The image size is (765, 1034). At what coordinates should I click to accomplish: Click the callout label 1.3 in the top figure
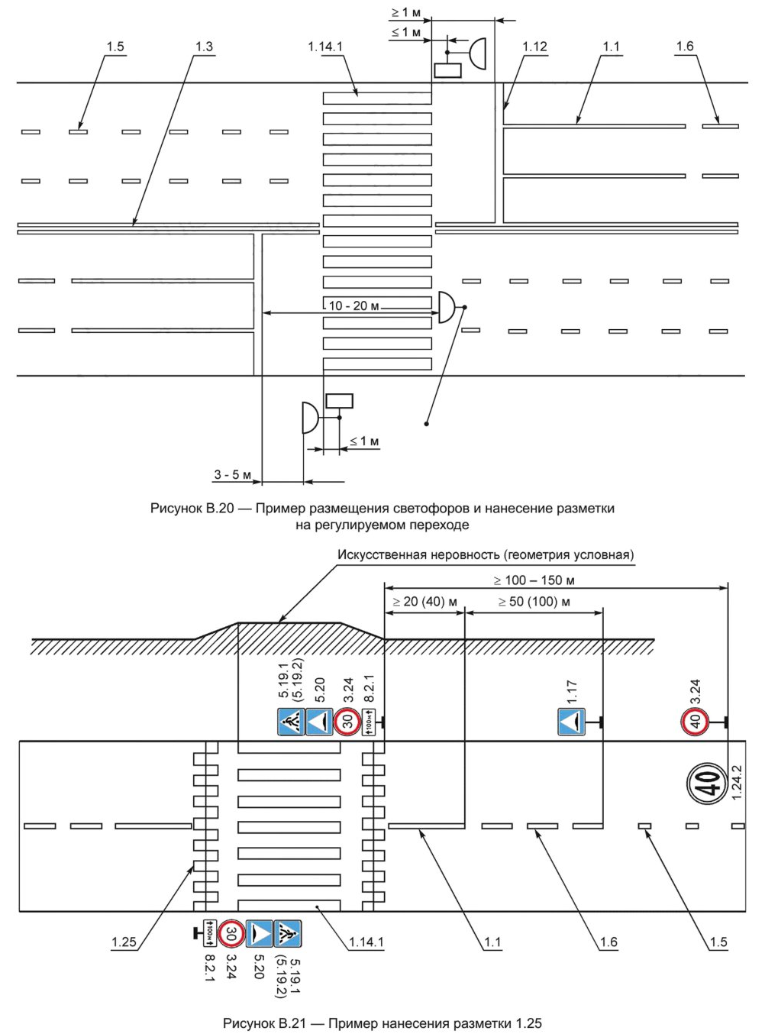(x=204, y=47)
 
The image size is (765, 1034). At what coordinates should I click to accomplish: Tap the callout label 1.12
(x=534, y=47)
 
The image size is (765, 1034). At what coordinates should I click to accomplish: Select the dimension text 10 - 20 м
(x=353, y=306)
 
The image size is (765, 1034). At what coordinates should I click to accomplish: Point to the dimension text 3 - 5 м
(x=232, y=475)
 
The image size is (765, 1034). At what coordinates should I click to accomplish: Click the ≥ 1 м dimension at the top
(x=405, y=13)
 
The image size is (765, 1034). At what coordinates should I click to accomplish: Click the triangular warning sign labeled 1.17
(x=572, y=722)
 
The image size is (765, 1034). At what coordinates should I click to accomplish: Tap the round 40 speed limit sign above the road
(x=695, y=722)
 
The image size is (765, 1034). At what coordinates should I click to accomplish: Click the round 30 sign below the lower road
(x=231, y=933)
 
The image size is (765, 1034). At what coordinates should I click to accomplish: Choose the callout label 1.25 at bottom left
(x=124, y=942)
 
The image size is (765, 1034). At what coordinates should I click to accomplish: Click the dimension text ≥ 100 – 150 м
(x=534, y=580)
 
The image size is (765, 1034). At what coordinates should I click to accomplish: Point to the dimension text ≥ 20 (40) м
(x=424, y=602)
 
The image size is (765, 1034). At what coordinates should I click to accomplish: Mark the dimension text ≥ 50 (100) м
(x=534, y=602)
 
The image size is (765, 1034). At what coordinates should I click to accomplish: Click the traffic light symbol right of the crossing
(x=447, y=307)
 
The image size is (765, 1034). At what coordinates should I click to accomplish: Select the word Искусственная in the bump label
(x=380, y=554)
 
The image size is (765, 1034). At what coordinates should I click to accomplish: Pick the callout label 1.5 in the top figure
(x=115, y=47)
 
